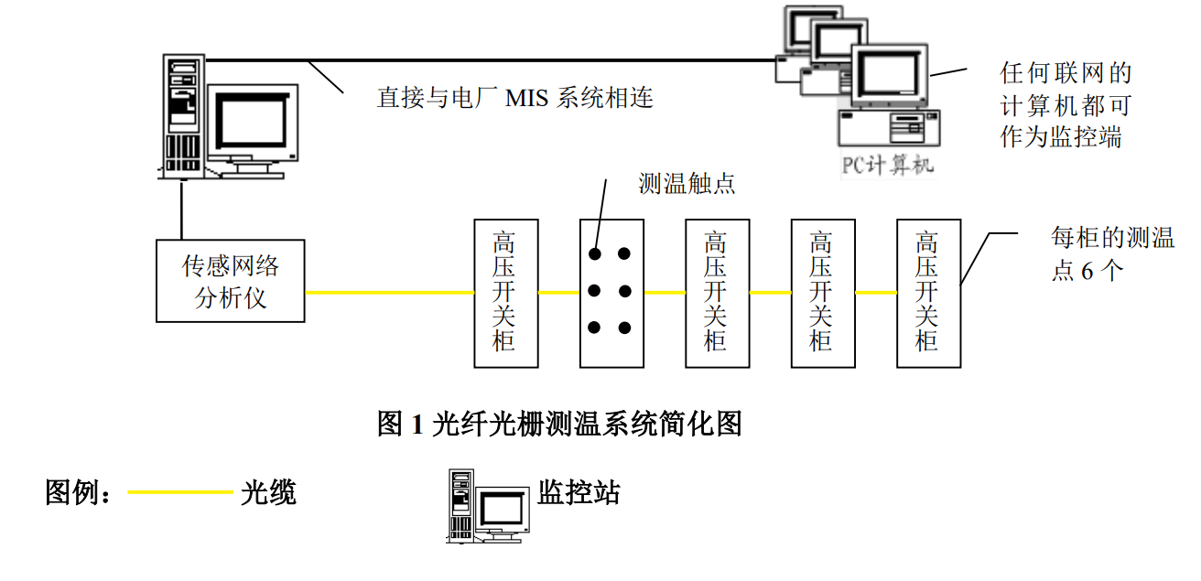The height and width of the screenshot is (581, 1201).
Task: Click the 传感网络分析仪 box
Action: pos(230,281)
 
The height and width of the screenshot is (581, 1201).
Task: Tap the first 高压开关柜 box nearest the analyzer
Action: pos(505,293)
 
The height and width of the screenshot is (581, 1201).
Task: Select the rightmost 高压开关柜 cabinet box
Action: pos(928,293)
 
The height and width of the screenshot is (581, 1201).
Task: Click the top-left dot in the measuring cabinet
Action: pos(594,253)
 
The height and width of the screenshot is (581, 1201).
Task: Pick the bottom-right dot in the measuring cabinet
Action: pos(625,327)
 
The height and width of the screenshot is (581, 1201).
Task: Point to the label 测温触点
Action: pos(687,184)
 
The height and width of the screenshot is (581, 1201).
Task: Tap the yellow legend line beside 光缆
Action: pos(180,493)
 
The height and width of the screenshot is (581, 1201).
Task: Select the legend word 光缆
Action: pos(268,493)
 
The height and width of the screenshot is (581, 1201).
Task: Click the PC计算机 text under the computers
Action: pos(887,166)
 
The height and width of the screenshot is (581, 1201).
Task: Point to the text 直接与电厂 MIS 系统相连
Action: pos(515,98)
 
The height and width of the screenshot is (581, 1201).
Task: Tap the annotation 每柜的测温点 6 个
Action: pos(1111,254)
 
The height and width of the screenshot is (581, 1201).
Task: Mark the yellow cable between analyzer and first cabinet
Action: pos(389,293)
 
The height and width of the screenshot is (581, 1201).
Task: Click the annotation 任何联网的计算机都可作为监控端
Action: pos(1066,105)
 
